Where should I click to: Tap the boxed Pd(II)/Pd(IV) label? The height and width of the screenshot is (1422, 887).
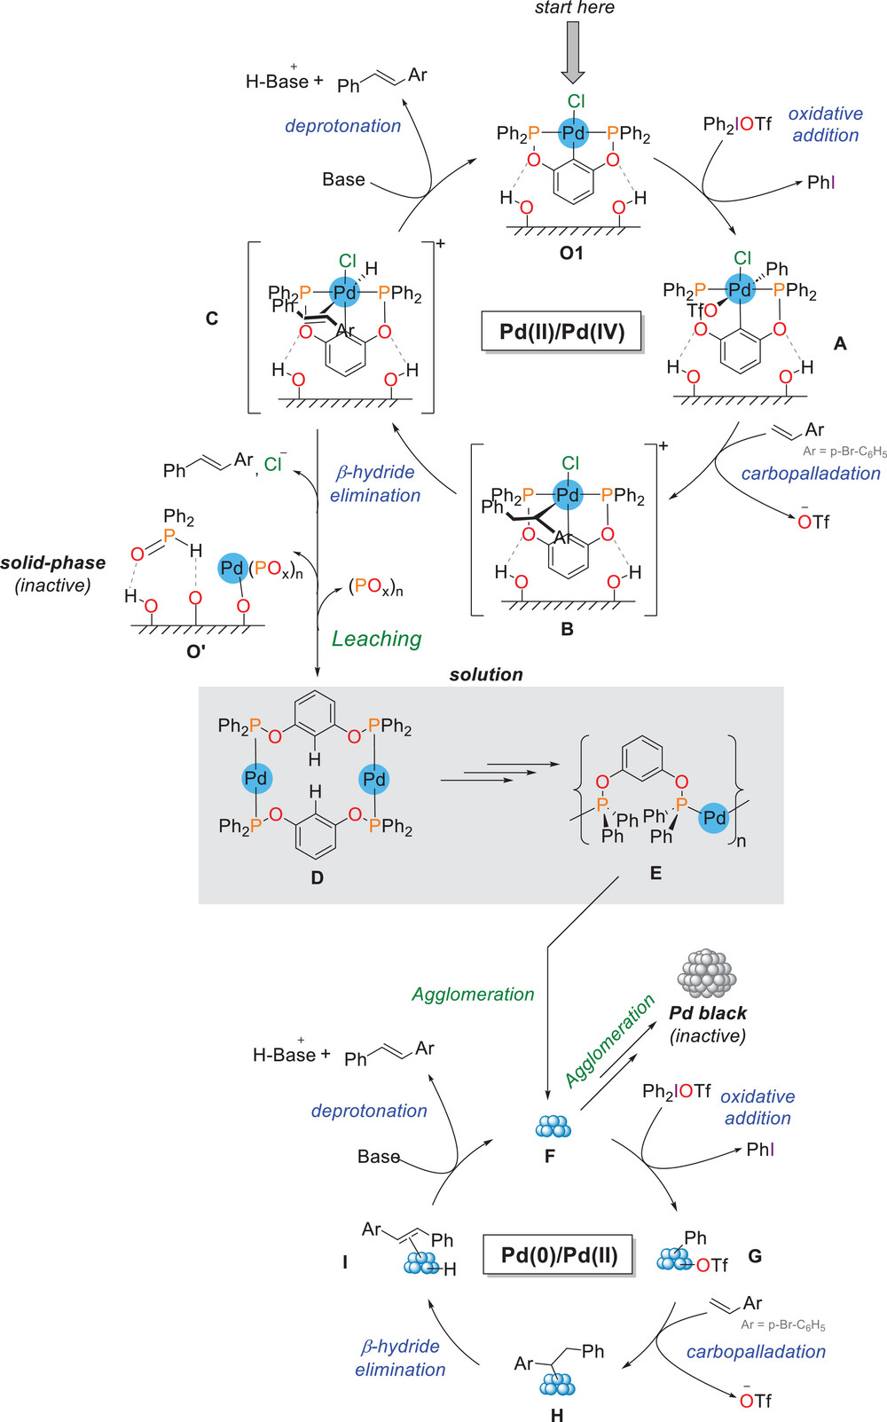[x=561, y=332]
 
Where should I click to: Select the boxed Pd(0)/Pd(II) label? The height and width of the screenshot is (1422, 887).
[x=559, y=1255]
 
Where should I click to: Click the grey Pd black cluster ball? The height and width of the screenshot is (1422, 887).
[x=707, y=973]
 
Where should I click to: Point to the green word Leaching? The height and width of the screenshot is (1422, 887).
[x=376, y=639]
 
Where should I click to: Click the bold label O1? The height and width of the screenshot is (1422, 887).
[x=571, y=253]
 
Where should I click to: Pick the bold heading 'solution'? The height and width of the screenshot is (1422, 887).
[x=485, y=674]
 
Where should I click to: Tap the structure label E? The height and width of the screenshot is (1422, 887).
[x=655, y=873]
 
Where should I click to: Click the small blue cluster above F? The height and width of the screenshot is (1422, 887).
[x=553, y=1127]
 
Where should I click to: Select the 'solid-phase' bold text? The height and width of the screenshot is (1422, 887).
[x=53, y=562]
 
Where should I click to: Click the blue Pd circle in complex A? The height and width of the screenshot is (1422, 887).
[x=740, y=289]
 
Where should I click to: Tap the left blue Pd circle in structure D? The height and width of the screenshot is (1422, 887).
[x=255, y=778]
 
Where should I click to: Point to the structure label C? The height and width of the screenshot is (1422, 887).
[x=211, y=318]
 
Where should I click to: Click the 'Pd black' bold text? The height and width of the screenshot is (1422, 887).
[x=708, y=1013]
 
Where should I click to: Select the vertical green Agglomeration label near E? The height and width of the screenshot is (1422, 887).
[x=473, y=994]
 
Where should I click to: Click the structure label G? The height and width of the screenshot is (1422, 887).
[x=755, y=1256]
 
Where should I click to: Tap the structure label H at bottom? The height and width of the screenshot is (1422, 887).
[x=557, y=1414]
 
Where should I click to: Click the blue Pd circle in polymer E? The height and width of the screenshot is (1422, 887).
[x=714, y=818]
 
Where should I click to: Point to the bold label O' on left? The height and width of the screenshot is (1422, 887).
[x=196, y=650]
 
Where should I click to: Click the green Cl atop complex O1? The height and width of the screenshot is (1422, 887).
[x=576, y=101]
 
